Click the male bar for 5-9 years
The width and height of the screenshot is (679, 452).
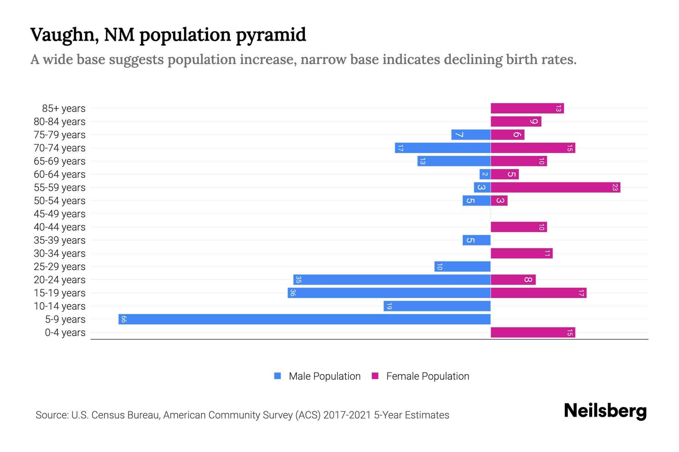coord(304,319)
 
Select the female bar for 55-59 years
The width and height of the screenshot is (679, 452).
coord(555,188)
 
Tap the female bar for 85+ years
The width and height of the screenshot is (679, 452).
coord(527,108)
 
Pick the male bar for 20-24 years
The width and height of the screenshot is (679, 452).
coord(392,280)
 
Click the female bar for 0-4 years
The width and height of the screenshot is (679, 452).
coord(533,333)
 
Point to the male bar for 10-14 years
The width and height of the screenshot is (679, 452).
coord(437,306)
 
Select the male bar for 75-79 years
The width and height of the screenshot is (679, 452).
coord(471,135)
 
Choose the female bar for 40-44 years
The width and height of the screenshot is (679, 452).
coord(519,227)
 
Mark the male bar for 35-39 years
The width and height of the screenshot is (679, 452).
coord(476,240)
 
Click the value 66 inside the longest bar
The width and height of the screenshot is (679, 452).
coord(124,319)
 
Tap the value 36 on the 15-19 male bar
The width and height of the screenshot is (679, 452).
coord(293,293)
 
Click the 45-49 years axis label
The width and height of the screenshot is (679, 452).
coord(60,214)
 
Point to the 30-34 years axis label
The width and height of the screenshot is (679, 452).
coord(60,253)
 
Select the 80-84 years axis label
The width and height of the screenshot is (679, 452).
coord(60,122)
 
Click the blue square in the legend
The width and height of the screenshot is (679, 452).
coord(278,376)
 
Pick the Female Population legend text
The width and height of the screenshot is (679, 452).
coord(427,376)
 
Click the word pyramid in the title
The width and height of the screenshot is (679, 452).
coord(271,35)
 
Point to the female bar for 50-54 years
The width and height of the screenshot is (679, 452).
coord(499,201)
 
